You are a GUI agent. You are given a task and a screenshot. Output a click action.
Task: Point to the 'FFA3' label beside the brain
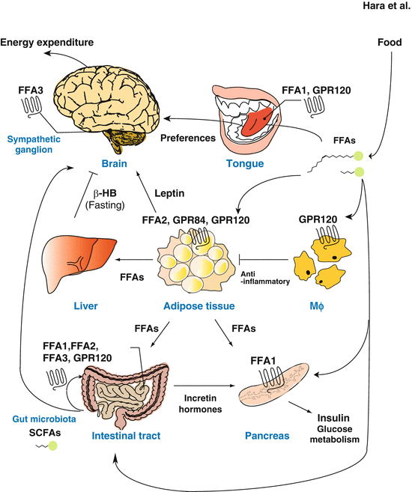pos(31,94)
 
